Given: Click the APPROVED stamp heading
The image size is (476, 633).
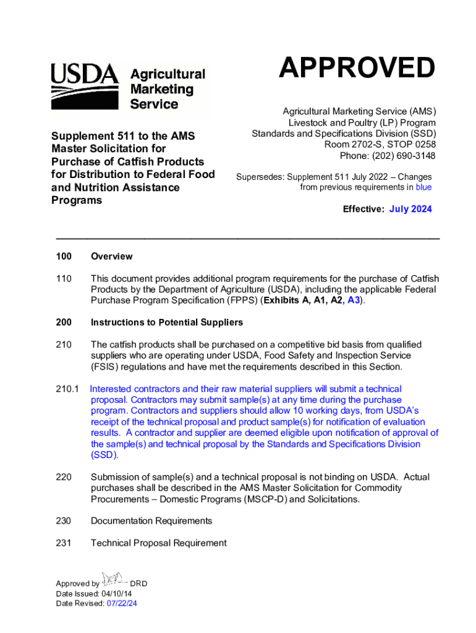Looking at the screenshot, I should click(356, 68).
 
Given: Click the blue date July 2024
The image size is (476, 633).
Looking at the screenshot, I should click(410, 209).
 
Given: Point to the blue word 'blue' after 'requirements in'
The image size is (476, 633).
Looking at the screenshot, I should click(423, 187).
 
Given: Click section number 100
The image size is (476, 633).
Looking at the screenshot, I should click(64, 257).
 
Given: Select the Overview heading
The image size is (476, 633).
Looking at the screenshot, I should click(111, 257).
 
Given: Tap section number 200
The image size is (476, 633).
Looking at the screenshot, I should click(64, 323).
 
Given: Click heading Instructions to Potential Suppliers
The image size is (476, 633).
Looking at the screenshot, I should click(167, 323).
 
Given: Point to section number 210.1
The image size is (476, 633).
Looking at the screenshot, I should click(67, 389).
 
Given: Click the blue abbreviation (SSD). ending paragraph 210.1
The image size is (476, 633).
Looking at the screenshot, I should click(104, 455).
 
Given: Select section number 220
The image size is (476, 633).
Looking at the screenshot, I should click(64, 477).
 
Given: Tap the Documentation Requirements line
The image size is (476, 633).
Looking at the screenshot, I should click(151, 521).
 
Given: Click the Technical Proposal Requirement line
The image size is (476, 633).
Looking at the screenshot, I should click(159, 543).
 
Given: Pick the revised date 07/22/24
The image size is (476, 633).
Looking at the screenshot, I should click(122, 604).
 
